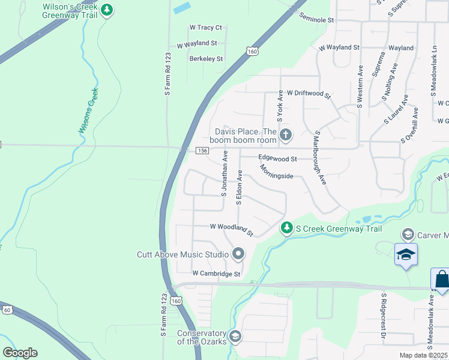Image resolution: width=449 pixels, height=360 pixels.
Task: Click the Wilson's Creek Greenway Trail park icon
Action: click(x=107, y=10)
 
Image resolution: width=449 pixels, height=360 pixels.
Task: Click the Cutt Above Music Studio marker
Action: click(x=238, y=254)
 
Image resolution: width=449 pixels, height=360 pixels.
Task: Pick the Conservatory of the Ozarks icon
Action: click(x=235, y=335)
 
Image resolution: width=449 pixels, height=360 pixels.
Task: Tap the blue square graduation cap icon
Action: click(x=406, y=255)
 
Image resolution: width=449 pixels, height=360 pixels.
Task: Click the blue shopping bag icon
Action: click(x=441, y=280)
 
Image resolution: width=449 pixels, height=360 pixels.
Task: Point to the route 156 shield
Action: click(x=201, y=150)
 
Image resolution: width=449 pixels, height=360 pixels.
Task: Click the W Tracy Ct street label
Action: click(x=205, y=28)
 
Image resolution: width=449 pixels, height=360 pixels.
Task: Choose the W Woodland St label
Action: click(x=232, y=228)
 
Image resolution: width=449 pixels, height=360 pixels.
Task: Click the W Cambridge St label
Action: click(x=216, y=274)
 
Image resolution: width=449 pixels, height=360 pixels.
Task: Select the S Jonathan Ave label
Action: click(x=224, y=173)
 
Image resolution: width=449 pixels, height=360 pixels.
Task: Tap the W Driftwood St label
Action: click(x=309, y=94)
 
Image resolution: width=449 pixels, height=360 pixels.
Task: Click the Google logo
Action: click(x=20, y=352)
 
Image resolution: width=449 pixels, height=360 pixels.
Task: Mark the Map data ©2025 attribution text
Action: click(x=423, y=355)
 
